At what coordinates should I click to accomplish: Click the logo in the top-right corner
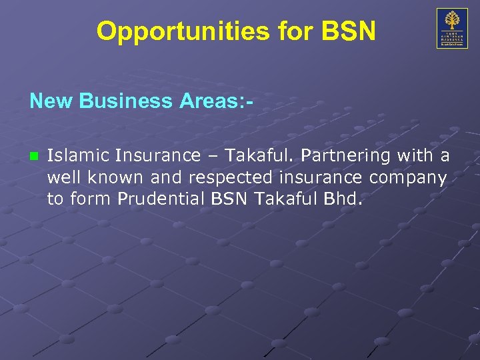(x=452, y=28)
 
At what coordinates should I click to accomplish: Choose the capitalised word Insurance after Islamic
(x=157, y=156)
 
